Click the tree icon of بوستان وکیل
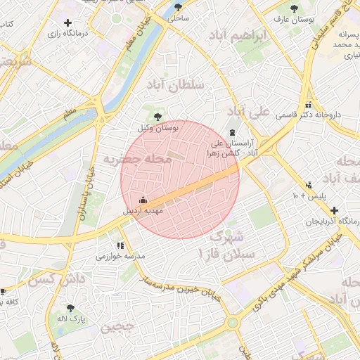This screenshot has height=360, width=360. [x=157, y=117]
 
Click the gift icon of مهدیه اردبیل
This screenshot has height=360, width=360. [x=143, y=200]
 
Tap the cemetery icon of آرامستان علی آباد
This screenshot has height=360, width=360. [x=233, y=133]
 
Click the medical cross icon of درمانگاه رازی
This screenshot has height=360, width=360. [x=67, y=24]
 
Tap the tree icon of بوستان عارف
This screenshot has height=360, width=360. [x=294, y=9]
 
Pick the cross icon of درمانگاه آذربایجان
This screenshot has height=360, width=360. [x=334, y=210]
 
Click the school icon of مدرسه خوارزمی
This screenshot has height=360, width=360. [x=121, y=246]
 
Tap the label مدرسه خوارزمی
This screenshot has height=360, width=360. [x=120, y=257]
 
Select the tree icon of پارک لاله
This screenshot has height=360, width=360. [x=70, y=308]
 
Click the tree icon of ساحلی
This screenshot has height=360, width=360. [x=176, y=8]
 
